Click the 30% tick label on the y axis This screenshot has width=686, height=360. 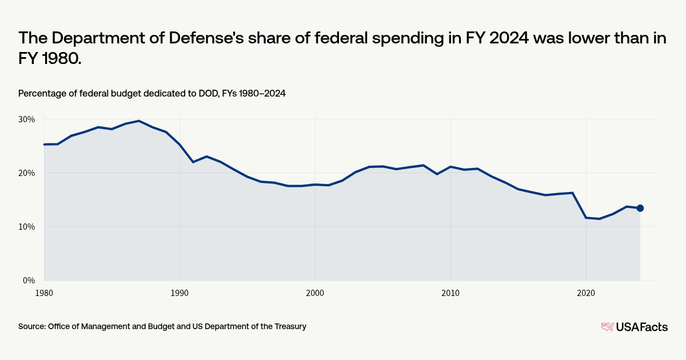[x=27, y=119]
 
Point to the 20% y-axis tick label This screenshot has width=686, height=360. [x=27, y=173]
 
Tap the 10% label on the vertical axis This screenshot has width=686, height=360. [x=27, y=227]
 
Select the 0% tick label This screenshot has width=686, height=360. [x=29, y=281]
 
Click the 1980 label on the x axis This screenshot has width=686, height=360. [x=44, y=292]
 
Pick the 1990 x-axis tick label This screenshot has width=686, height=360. [x=180, y=292]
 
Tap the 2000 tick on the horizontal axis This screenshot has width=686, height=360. [x=315, y=292]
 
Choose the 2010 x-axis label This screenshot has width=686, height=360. [x=450, y=292]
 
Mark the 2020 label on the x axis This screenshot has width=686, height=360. [x=586, y=292]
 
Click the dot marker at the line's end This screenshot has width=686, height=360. [x=640, y=208]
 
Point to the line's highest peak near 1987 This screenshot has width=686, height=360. [x=139, y=121]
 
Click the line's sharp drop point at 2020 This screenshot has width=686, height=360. [x=586, y=218]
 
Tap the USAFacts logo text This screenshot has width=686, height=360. [x=641, y=327]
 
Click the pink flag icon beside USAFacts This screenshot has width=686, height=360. [x=607, y=327]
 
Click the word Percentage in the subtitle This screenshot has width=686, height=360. [x=41, y=93]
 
